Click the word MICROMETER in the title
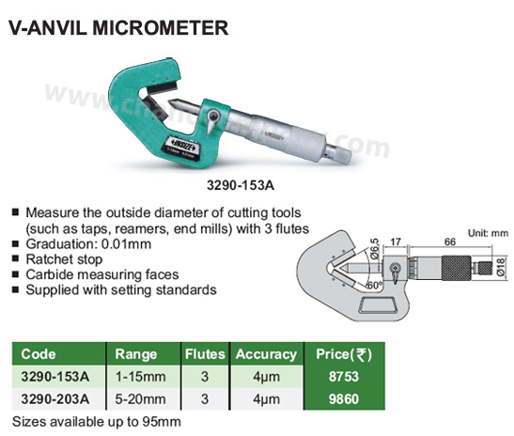160,27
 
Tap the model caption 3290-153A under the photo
241,185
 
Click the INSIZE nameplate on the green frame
181,148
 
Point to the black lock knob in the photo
213,117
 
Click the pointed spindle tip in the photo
172,102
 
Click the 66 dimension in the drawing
450,241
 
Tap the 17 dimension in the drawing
396,241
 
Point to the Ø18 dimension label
502,267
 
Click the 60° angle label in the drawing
374,286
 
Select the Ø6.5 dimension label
374,249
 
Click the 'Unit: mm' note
488,233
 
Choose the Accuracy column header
266,354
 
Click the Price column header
344,354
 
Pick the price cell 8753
344,377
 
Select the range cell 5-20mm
140,399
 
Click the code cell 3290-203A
55,399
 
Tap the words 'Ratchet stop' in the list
64,259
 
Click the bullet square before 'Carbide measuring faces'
15,274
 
